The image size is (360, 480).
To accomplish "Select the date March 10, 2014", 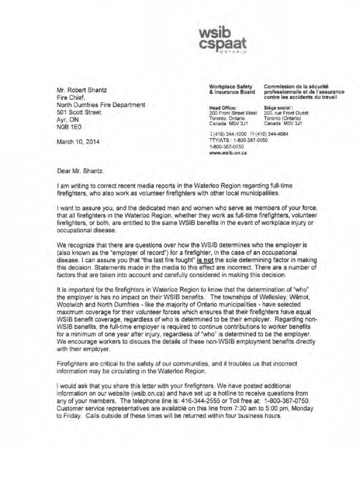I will tap(78, 142).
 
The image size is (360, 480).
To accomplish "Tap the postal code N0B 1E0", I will tap(69, 127).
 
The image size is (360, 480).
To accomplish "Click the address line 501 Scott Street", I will tap(79, 112).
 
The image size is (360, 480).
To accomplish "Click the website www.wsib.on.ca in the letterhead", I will tap(228, 152).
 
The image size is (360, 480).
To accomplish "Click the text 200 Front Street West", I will tap(233, 113).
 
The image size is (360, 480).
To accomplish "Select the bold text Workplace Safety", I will tap(231, 86).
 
